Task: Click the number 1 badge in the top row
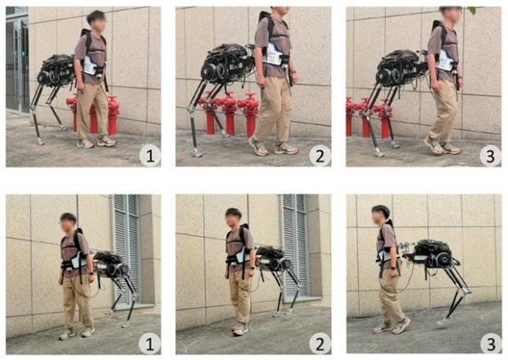(150, 156)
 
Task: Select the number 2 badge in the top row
(320, 156)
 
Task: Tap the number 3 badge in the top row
(490, 156)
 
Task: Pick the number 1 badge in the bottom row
(150, 344)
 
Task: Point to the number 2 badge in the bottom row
(320, 344)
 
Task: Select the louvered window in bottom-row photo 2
(294, 247)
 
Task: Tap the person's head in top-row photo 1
(97, 21)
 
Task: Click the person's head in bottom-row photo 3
(380, 215)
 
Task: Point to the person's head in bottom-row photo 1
(68, 223)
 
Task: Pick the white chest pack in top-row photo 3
(446, 60)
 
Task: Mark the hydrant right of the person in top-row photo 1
(113, 115)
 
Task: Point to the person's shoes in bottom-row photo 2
(240, 329)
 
